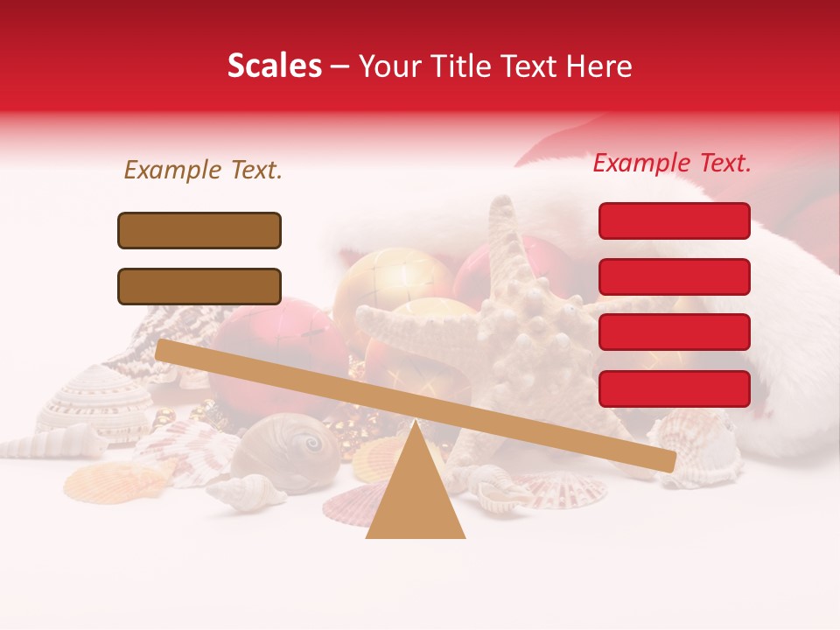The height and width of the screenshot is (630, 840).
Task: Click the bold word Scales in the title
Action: pyautogui.click(x=274, y=66)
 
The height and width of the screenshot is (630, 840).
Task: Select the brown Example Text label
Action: pyautogui.click(x=203, y=170)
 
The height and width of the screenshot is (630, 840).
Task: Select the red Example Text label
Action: pyautogui.click(x=672, y=163)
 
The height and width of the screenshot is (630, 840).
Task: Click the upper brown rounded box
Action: pyautogui.click(x=199, y=230)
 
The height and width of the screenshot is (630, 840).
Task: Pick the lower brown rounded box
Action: pyautogui.click(x=199, y=286)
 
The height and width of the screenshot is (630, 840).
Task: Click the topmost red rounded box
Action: pyautogui.click(x=674, y=220)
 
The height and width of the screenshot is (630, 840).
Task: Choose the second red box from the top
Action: pyautogui.click(x=674, y=276)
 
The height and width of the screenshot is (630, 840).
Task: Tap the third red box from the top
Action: pyautogui.click(x=674, y=332)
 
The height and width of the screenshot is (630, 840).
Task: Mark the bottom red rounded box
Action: pyautogui.click(x=674, y=388)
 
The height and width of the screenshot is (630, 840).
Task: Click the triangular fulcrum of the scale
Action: pyautogui.click(x=416, y=494)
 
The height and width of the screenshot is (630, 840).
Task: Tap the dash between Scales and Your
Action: pyautogui.click(x=339, y=66)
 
